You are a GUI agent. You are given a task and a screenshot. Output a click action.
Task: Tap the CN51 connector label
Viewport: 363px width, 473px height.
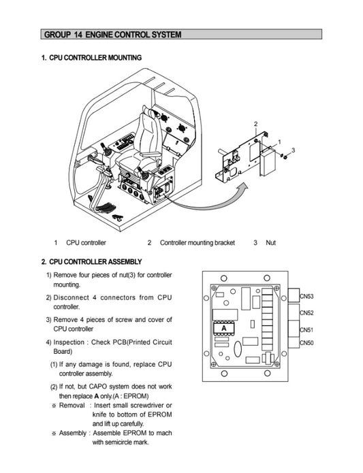point(306,329)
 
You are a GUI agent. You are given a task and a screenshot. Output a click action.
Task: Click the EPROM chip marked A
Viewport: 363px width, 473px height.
point(224,328)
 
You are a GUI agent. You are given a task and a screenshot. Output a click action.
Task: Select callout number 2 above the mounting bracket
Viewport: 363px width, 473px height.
point(255,123)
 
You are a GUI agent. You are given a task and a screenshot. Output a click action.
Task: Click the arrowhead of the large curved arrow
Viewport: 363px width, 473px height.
point(239,183)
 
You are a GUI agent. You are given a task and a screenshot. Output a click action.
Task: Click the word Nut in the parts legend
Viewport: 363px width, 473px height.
point(270,242)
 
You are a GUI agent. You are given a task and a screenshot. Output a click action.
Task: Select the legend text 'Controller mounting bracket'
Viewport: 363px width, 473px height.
point(198,242)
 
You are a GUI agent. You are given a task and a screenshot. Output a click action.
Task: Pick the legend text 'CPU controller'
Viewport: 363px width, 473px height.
point(86,242)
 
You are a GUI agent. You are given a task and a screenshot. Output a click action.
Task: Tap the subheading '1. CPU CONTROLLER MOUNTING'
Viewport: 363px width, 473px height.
point(91,58)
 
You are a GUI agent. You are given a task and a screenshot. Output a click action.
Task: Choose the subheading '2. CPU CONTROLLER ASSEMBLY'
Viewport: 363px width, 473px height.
point(91,261)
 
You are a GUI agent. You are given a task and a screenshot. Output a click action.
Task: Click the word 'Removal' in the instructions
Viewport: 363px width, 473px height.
point(72,404)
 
